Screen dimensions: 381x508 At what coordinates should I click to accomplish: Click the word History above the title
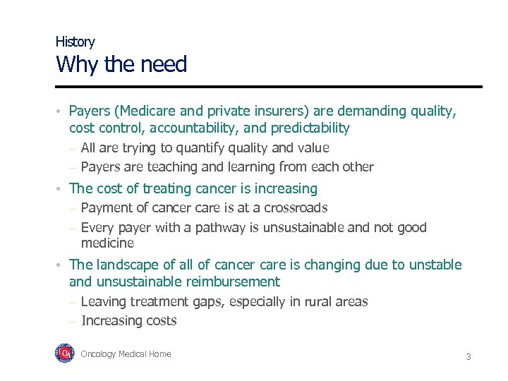75,42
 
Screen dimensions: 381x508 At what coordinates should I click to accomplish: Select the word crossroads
292,208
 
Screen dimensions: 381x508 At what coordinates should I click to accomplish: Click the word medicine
107,243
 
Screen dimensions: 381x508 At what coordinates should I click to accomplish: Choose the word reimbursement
232,282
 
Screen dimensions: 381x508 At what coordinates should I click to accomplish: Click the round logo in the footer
64,353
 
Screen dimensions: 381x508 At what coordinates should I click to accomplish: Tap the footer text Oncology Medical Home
126,354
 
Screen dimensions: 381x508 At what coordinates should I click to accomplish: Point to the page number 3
468,357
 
